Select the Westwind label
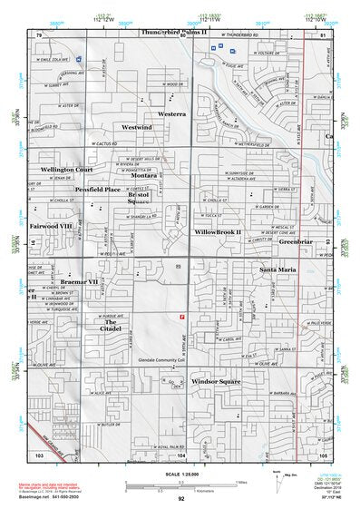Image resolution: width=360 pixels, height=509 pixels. coord(137,128)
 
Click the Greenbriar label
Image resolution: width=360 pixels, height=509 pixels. coord(296,242)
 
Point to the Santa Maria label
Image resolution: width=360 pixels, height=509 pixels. coord(277,270)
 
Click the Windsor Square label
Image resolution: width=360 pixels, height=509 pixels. coord(216,382)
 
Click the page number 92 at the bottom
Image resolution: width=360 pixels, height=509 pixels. coord(181,498)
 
